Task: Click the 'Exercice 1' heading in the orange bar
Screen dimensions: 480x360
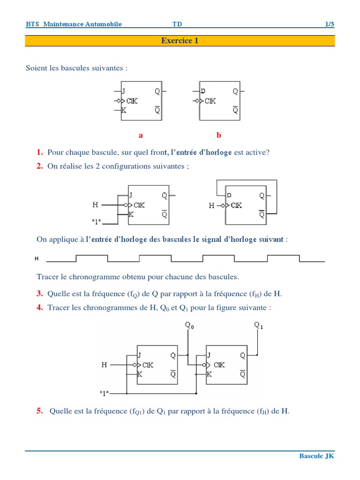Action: tap(180, 41)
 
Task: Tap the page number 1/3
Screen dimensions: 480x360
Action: tap(330, 24)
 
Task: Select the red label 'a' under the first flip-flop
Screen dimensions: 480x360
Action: tap(141, 135)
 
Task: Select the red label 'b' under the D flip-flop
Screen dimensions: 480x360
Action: tap(218, 135)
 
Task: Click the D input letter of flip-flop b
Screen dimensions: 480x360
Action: tap(203, 91)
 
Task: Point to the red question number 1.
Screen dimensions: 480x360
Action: tap(40, 152)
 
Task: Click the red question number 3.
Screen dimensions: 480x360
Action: tap(40, 294)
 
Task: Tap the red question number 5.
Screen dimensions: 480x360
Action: tap(40, 411)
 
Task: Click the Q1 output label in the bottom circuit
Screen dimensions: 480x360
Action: tap(258, 325)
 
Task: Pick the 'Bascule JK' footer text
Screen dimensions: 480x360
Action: tap(317, 456)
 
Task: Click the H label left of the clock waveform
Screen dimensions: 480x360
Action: tap(37, 258)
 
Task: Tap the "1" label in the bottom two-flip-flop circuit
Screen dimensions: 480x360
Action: tap(105, 392)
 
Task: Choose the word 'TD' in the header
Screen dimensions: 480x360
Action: tap(177, 24)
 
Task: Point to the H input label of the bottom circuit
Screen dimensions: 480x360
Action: tap(104, 365)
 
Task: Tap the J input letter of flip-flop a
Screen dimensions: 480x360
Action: tap(123, 91)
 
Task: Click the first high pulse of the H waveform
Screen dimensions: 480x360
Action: tap(91, 255)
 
